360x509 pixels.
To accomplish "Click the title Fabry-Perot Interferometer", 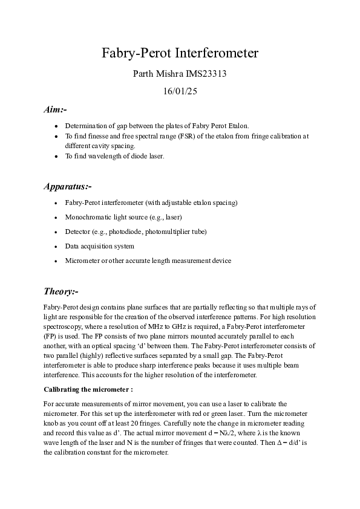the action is click(180, 53).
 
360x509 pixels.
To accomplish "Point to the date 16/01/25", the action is click(180, 92).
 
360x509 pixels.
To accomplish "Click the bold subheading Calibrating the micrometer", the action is click(88, 389).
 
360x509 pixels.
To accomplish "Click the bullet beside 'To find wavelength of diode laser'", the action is click(56, 156).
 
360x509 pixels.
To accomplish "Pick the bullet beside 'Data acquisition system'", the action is click(56, 246).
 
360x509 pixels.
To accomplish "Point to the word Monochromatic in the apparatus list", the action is click(86, 216).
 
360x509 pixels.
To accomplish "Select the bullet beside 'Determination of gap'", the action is click(56, 126).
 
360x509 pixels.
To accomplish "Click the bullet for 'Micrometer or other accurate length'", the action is click(56, 261).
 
